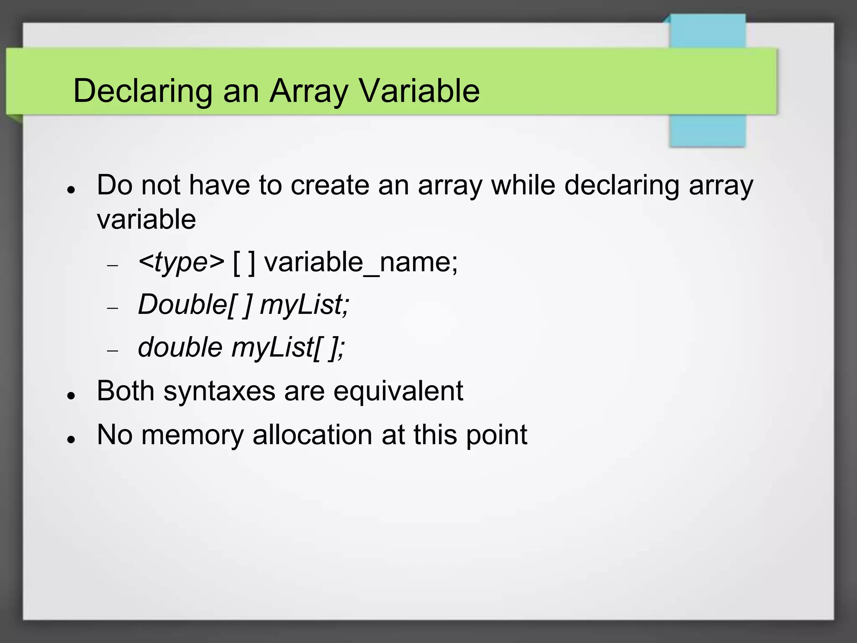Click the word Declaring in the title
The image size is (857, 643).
click(143, 91)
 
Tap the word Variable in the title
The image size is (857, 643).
click(419, 91)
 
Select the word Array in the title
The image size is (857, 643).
click(308, 91)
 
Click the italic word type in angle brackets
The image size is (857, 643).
click(181, 263)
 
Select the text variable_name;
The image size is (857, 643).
click(361, 263)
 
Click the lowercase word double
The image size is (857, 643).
click(180, 347)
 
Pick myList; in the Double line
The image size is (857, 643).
click(304, 304)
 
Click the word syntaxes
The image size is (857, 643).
click(219, 391)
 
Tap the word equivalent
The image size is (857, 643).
click(398, 391)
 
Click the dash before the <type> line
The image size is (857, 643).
click(113, 265)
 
